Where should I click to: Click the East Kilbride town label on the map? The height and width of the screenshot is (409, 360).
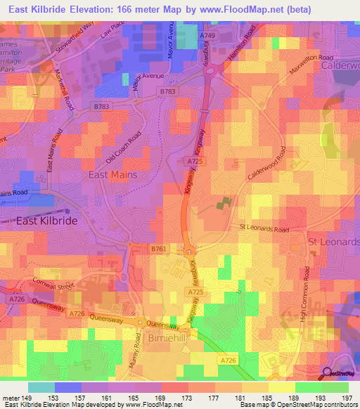[x=46, y=220]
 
